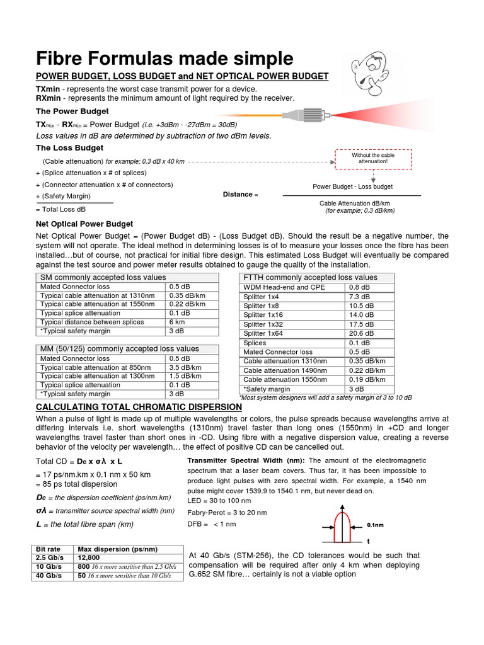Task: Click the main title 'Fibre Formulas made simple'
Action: (x=164, y=59)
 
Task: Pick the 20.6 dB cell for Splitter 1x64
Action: (x=361, y=333)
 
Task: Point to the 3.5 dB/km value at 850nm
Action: (x=185, y=367)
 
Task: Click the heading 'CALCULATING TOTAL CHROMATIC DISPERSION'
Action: (x=139, y=407)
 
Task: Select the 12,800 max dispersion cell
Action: (x=89, y=557)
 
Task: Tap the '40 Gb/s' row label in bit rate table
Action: (x=49, y=576)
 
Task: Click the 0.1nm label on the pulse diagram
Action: (x=376, y=524)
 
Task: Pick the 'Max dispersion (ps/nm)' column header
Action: (x=117, y=549)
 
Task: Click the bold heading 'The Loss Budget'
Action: (x=69, y=148)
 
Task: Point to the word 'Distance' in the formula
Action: (x=238, y=195)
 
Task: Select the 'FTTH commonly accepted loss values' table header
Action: (x=310, y=277)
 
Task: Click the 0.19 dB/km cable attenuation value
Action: (x=366, y=380)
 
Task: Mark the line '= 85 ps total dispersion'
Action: (x=77, y=484)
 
